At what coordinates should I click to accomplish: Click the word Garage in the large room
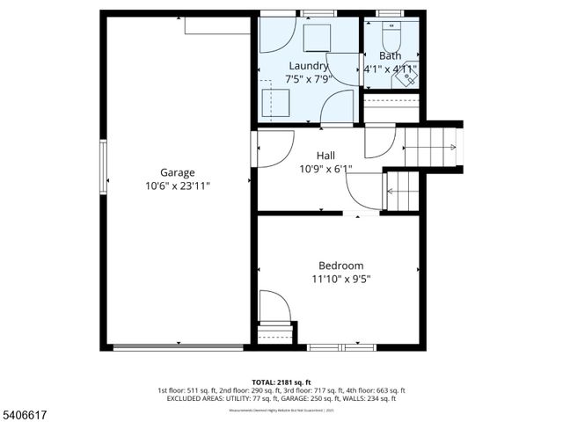(177, 172)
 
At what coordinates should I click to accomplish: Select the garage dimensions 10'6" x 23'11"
(177, 186)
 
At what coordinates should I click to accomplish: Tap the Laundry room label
(309, 66)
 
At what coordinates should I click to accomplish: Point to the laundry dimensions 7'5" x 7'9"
(309, 80)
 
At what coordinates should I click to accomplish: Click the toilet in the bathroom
(391, 34)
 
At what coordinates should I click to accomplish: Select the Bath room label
(390, 55)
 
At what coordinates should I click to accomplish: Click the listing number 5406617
(26, 411)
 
